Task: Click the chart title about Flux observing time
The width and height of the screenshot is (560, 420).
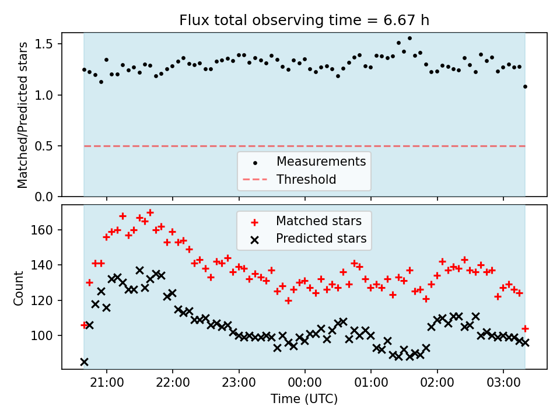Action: (304, 21)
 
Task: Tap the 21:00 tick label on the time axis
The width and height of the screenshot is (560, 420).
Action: (106, 384)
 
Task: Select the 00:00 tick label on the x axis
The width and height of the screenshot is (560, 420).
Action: (304, 384)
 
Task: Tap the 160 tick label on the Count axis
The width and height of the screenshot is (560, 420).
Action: (44, 230)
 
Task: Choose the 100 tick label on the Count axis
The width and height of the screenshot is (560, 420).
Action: (44, 335)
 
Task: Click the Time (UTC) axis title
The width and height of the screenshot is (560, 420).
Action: (304, 400)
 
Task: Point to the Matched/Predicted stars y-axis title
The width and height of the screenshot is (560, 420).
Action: (23, 115)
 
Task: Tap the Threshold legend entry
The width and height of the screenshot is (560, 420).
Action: (306, 179)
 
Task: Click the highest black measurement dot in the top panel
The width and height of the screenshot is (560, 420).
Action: (409, 38)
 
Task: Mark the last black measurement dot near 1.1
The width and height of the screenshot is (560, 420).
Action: (525, 86)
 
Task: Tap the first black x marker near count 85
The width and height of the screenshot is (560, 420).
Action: (84, 362)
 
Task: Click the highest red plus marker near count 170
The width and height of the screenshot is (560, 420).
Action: (150, 212)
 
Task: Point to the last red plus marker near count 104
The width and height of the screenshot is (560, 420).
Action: (525, 328)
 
